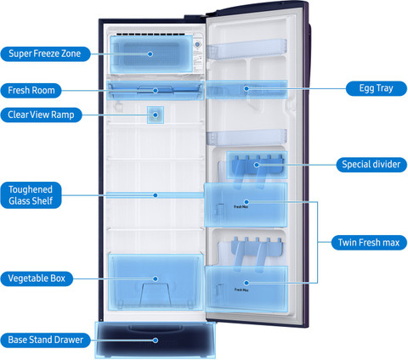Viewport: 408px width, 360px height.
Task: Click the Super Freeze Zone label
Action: [45, 53]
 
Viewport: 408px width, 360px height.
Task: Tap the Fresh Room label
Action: [31, 91]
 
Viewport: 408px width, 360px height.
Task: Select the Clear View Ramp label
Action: [41, 115]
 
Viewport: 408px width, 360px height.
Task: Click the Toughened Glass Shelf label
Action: [31, 195]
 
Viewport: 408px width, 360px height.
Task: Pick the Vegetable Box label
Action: [37, 278]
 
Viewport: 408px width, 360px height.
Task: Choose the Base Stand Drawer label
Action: [46, 340]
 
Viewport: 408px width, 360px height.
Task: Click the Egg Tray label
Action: [377, 88]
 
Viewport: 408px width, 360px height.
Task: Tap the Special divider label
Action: [371, 165]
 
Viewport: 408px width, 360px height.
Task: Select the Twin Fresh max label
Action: [369, 243]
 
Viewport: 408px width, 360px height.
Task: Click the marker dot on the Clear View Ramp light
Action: [156, 115]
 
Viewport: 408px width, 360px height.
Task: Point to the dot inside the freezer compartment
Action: [150, 53]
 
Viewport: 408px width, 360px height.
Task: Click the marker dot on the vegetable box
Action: [156, 278]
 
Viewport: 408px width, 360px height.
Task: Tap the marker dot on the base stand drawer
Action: [156, 340]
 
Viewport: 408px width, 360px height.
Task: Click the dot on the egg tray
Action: [246, 88]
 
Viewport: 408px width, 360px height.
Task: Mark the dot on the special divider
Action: [257, 165]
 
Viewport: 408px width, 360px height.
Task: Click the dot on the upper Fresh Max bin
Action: [246, 202]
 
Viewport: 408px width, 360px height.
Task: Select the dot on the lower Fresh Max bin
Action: [246, 283]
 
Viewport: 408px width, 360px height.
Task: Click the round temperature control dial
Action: [198, 44]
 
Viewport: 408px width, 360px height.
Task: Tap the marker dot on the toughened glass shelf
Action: [156, 195]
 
